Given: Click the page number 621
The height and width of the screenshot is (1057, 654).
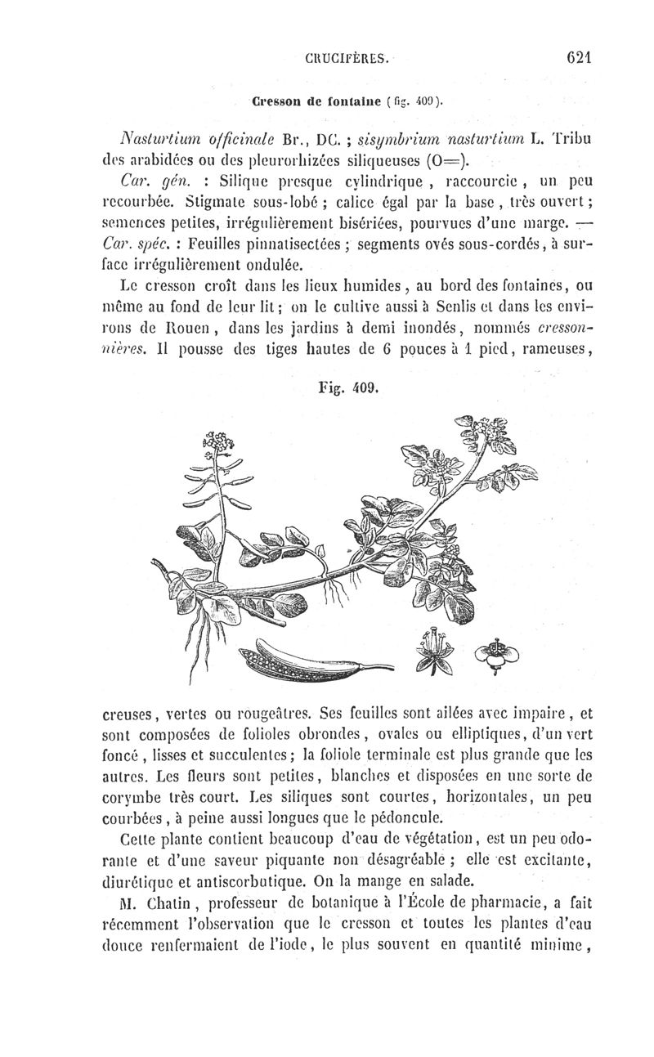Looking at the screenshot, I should pyautogui.click(x=577, y=58).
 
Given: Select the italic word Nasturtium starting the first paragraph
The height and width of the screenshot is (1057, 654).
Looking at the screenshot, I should pyautogui.click(x=152, y=137).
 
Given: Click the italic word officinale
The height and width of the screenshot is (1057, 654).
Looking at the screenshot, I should pyautogui.click(x=238, y=137).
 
